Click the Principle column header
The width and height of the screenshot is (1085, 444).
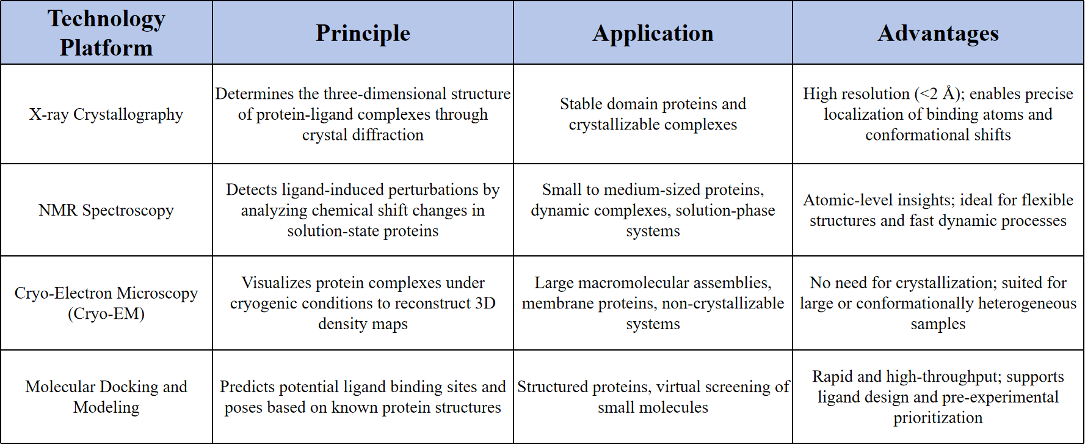(x=363, y=33)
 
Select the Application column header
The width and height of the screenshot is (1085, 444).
(x=653, y=33)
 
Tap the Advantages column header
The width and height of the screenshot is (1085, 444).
(x=938, y=33)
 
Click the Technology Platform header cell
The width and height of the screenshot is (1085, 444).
(x=106, y=33)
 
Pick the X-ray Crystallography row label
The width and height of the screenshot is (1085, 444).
(x=106, y=114)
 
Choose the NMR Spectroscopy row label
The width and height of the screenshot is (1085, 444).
(x=106, y=210)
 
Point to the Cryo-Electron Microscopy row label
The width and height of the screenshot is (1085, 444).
(x=106, y=303)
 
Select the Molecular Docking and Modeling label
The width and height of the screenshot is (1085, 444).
(x=106, y=397)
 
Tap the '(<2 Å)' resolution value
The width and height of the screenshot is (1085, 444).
(x=939, y=94)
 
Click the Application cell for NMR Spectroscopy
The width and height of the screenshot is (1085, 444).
(x=653, y=210)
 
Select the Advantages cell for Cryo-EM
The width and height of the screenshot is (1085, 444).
(x=938, y=303)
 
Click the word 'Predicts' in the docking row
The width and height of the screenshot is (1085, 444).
(x=244, y=387)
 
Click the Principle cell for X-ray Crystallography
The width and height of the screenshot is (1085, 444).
(x=363, y=114)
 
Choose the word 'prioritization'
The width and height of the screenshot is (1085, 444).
(x=938, y=418)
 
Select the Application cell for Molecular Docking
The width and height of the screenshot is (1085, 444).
(x=653, y=397)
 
